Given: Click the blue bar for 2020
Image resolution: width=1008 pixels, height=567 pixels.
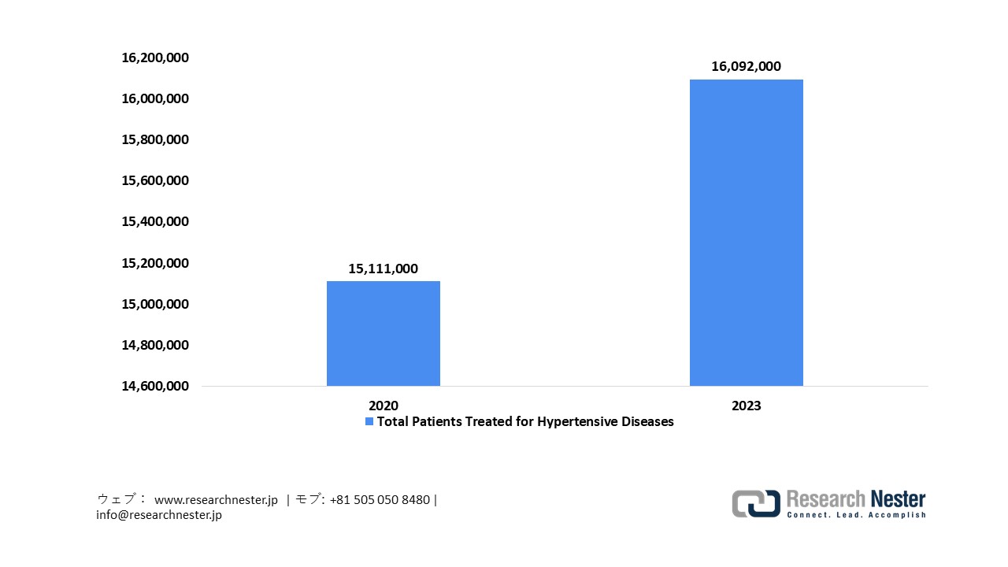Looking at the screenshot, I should (x=384, y=333).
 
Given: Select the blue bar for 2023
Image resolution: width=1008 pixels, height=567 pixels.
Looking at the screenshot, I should (x=746, y=232).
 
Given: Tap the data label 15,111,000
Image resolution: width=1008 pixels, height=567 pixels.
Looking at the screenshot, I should (x=384, y=269).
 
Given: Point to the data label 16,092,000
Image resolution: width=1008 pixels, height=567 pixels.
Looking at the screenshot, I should (x=746, y=67).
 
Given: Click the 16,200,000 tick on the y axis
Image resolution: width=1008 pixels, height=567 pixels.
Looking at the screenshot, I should (x=154, y=57).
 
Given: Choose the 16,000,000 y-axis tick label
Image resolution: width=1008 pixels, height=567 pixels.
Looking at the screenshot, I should (x=154, y=98).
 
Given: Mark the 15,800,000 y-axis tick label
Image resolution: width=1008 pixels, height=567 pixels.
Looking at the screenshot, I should (x=154, y=139).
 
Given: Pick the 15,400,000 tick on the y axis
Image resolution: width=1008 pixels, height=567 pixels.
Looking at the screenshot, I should (x=154, y=221).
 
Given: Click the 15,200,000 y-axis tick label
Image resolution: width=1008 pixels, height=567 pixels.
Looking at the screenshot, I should (x=154, y=262).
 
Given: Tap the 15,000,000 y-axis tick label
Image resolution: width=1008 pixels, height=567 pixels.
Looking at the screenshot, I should (x=154, y=304).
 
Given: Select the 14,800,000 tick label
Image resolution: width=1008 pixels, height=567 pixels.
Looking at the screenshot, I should (x=154, y=345).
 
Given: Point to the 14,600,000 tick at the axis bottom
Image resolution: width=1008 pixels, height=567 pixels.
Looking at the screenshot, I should (x=154, y=386).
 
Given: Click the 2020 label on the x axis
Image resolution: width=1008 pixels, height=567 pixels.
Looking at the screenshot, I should (x=384, y=406).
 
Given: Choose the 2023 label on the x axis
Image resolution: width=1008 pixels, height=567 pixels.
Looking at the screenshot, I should (x=746, y=406).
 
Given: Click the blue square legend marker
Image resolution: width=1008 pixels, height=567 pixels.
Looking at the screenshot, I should (x=369, y=422).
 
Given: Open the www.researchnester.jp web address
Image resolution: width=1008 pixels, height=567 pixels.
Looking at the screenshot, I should (x=216, y=500).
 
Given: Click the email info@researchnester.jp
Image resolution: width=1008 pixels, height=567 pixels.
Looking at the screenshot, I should (x=159, y=515).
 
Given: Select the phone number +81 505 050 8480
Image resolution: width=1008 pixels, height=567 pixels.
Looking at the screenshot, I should (x=380, y=500).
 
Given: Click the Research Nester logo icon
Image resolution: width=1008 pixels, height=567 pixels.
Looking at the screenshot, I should (x=755, y=503).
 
